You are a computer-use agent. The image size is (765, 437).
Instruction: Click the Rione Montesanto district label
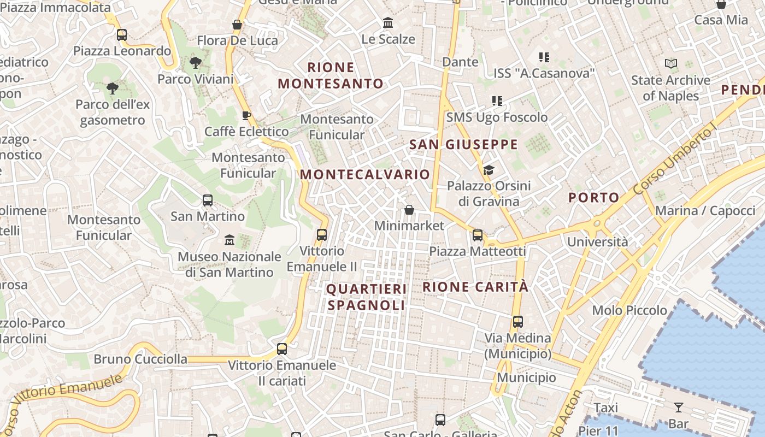331,75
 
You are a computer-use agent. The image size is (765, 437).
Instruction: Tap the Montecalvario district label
365,174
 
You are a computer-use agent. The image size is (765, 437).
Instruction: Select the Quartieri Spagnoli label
367,297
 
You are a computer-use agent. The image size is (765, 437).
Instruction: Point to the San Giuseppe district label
463,145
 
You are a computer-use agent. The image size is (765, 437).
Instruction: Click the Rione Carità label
475,287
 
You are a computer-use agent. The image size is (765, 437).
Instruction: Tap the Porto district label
594,198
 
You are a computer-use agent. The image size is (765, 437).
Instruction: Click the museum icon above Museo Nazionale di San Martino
229,239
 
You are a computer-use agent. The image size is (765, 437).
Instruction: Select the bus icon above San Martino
208,200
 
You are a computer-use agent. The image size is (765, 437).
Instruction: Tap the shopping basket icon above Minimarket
409,210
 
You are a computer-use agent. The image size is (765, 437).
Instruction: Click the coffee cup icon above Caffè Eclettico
246,115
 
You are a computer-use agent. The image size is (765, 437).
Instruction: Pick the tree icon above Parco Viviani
195,63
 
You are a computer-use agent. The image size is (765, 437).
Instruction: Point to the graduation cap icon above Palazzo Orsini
489,170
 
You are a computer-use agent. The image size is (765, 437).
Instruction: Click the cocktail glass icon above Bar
678,407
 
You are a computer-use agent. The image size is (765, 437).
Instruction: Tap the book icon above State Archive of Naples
671,64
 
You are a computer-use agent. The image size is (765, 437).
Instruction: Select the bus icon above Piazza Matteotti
478,235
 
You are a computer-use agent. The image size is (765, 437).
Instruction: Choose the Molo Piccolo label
629,310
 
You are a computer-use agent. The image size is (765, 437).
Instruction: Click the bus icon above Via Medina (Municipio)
518,322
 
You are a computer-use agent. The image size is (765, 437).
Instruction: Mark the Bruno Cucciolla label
140,359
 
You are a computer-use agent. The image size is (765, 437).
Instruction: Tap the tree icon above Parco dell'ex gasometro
112,88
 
